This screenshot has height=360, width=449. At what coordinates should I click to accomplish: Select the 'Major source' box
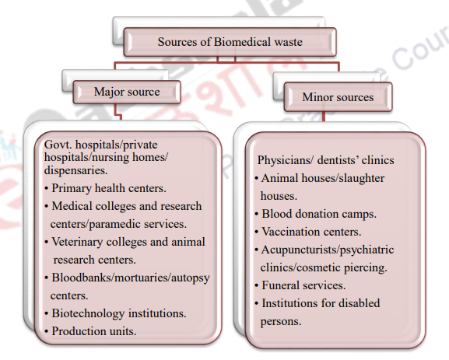coord(127,92)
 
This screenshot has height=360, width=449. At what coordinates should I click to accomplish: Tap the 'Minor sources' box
coord(327,96)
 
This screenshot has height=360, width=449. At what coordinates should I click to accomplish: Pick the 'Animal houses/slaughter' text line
coord(324,178)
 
